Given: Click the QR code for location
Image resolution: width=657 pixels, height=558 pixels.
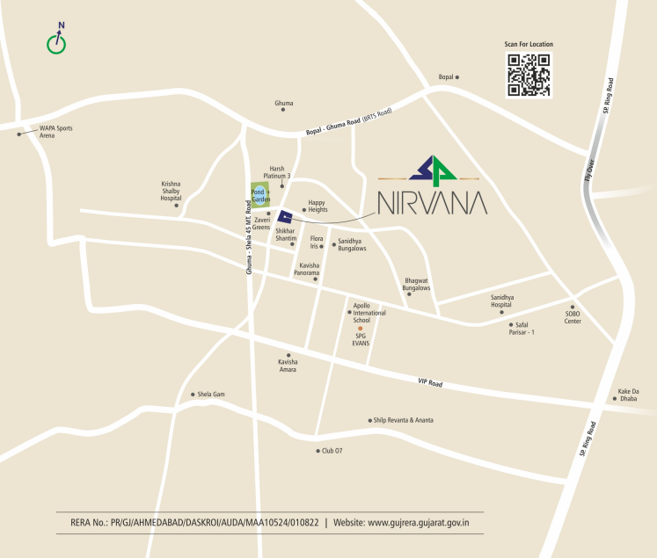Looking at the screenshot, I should click(x=529, y=75).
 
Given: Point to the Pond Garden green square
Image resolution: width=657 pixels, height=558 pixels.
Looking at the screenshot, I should click(x=259, y=195).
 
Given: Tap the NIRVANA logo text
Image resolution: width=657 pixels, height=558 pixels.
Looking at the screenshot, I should click(x=432, y=203).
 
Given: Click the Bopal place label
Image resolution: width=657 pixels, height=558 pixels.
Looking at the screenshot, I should click(x=447, y=77).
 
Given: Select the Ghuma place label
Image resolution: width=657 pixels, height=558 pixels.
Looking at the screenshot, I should click(x=284, y=104).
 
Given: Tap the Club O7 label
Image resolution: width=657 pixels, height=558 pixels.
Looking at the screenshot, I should click(x=328, y=451).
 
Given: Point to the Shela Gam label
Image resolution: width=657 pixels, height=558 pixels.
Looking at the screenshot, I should click(x=211, y=395).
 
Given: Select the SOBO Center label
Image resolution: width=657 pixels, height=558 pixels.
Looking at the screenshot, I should click(x=573, y=317).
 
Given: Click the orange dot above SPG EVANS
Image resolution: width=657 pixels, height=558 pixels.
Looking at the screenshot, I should click(x=360, y=328).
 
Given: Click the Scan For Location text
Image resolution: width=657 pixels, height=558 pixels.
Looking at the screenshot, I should click(x=529, y=44).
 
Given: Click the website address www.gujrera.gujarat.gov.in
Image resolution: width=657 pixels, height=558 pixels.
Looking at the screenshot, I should click(x=419, y=523).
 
